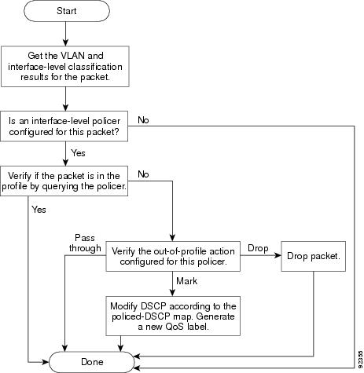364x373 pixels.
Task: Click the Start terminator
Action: (67, 11)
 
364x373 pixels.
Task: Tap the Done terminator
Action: (92, 362)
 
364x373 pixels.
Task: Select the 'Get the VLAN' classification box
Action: (65, 67)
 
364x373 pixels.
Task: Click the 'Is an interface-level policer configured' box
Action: (64, 126)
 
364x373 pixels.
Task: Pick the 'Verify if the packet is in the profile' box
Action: (64, 181)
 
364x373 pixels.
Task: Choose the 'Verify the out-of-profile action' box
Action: (173, 256)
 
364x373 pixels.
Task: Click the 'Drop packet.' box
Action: (314, 256)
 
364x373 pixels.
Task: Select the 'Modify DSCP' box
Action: (173, 316)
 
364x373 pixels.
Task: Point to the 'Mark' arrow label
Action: (186, 281)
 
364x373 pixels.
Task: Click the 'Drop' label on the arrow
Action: (258, 248)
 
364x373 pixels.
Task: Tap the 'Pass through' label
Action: (85, 243)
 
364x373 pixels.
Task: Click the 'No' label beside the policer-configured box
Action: (143, 120)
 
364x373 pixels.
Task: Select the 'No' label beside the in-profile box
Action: (143, 174)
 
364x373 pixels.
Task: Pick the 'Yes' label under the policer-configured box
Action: (78, 153)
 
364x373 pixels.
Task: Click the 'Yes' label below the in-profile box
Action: (39, 210)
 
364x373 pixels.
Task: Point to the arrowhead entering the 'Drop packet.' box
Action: (278, 255)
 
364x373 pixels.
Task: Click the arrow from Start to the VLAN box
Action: (65, 34)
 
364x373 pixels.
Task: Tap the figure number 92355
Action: (361, 360)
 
